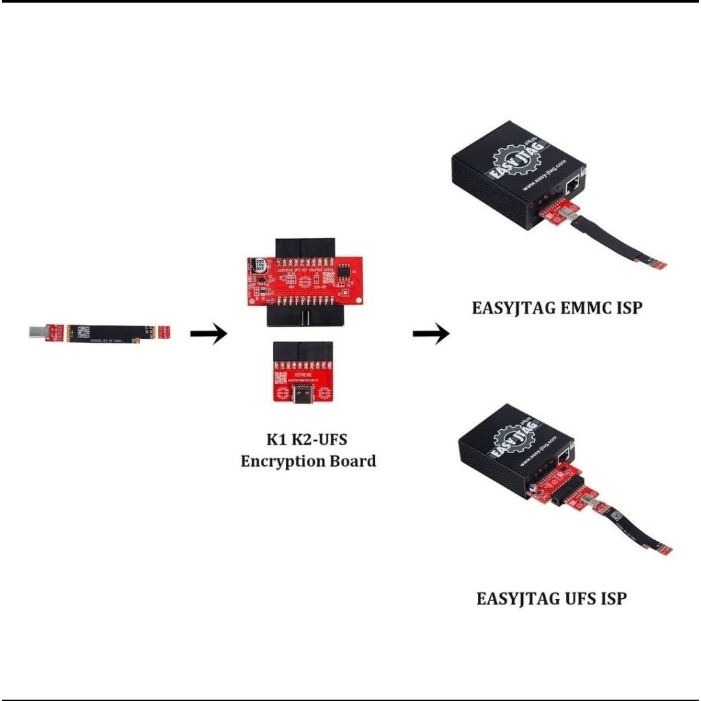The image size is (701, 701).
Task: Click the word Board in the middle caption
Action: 354,461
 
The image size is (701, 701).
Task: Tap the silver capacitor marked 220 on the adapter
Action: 261,266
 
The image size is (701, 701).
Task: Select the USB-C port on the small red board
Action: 303,397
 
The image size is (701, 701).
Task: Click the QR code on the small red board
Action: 281,379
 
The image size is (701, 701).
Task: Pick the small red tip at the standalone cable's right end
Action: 164,332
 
